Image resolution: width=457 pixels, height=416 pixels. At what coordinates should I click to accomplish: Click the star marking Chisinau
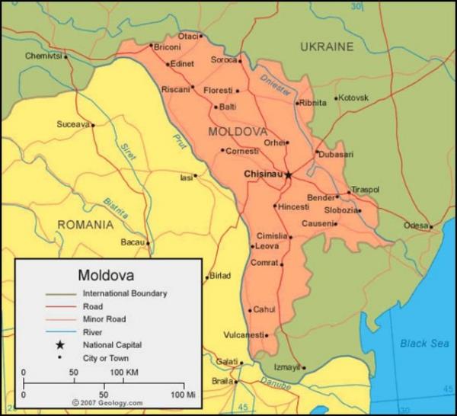[x=288, y=174]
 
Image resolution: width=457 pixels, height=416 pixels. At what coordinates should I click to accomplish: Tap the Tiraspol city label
[x=365, y=190]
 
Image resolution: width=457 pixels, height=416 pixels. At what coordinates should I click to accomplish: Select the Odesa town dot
[x=431, y=226]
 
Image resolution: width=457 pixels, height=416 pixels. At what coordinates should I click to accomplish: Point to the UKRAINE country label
[x=327, y=47]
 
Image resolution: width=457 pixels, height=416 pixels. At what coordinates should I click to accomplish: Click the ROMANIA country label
[x=85, y=225]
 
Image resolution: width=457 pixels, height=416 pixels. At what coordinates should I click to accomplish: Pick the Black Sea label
[x=425, y=343]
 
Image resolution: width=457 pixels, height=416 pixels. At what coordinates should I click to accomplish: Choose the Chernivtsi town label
[x=42, y=56]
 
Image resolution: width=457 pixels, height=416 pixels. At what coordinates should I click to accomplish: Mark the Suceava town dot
[x=93, y=125]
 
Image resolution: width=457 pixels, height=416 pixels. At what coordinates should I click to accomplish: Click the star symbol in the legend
[x=59, y=345]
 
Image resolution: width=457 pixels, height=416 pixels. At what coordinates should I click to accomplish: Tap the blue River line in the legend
[x=59, y=332]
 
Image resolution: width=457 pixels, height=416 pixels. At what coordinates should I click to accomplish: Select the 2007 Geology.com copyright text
[x=107, y=402]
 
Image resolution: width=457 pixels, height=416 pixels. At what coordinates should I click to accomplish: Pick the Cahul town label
[x=264, y=309]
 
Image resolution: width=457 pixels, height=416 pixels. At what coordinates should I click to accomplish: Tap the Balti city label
[x=228, y=107]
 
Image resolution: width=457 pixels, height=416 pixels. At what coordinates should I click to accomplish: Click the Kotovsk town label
[x=353, y=98]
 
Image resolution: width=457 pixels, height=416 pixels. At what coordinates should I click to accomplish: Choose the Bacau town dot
[x=148, y=244]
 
